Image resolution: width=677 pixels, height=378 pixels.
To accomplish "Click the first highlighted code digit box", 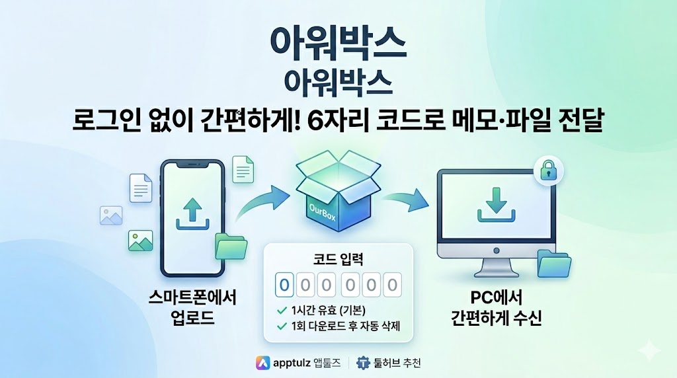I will (x=284, y=285).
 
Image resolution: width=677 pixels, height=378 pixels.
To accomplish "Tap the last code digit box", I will (x=393, y=285).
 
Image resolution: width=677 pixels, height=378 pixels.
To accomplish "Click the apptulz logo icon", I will (x=263, y=362).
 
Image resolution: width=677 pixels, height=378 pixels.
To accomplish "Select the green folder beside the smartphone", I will (x=231, y=246).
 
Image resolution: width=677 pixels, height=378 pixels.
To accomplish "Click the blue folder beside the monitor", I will (x=554, y=264).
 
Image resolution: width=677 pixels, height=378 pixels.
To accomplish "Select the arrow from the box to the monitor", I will (x=404, y=198).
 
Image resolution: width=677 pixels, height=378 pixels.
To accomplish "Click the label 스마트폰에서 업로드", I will (x=192, y=307).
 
